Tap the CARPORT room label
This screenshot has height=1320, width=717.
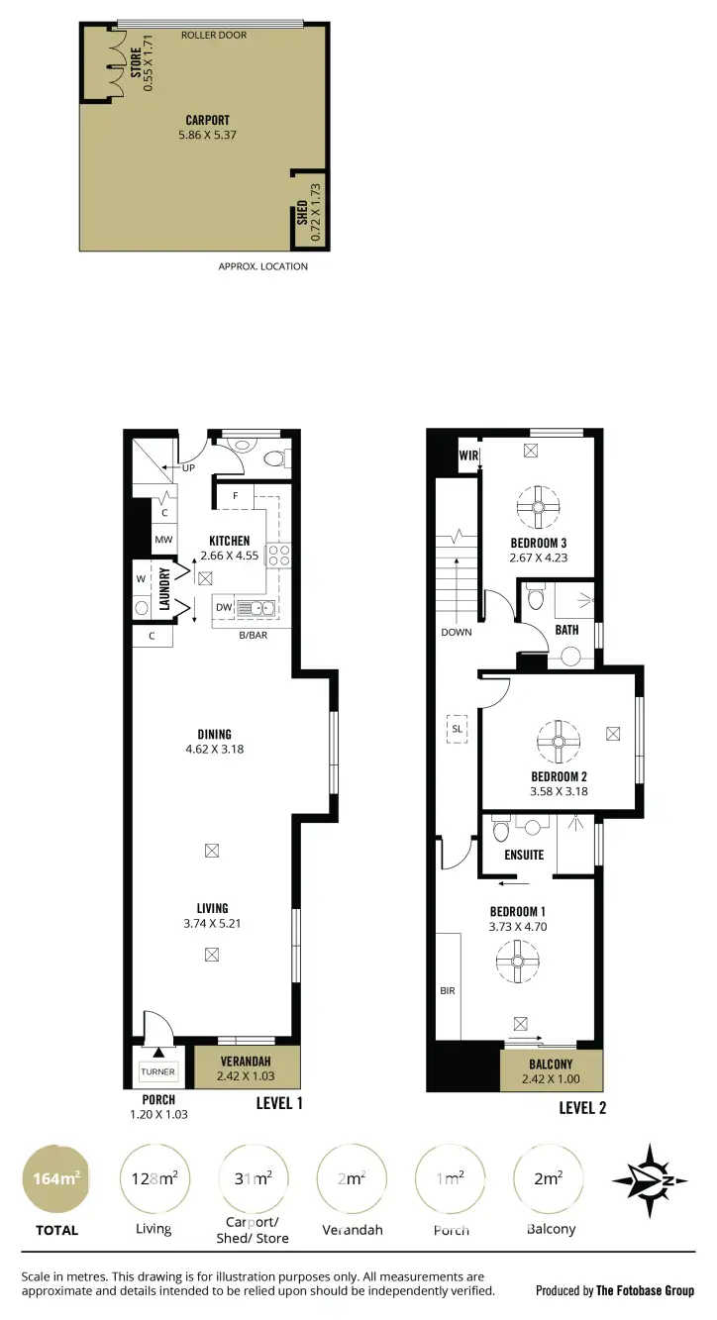click(x=208, y=121)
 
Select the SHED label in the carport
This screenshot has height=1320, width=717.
click(x=303, y=212)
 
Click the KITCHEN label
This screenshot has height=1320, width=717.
click(x=229, y=541)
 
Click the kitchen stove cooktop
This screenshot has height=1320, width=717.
click(x=278, y=556)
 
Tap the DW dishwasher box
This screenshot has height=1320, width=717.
click(x=224, y=608)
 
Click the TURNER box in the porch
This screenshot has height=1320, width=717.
click(x=157, y=1071)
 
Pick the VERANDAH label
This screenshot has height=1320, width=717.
click(x=239, y=1061)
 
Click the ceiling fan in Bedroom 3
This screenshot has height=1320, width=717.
click(x=539, y=509)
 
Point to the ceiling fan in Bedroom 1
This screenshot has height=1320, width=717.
click(x=517, y=961)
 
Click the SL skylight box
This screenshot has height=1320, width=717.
click(x=457, y=729)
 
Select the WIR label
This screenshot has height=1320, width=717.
click(x=468, y=456)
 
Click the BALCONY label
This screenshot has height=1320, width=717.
click(x=551, y=1065)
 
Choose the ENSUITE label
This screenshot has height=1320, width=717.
click(x=524, y=854)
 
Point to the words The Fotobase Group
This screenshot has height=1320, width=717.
click(x=645, y=1290)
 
